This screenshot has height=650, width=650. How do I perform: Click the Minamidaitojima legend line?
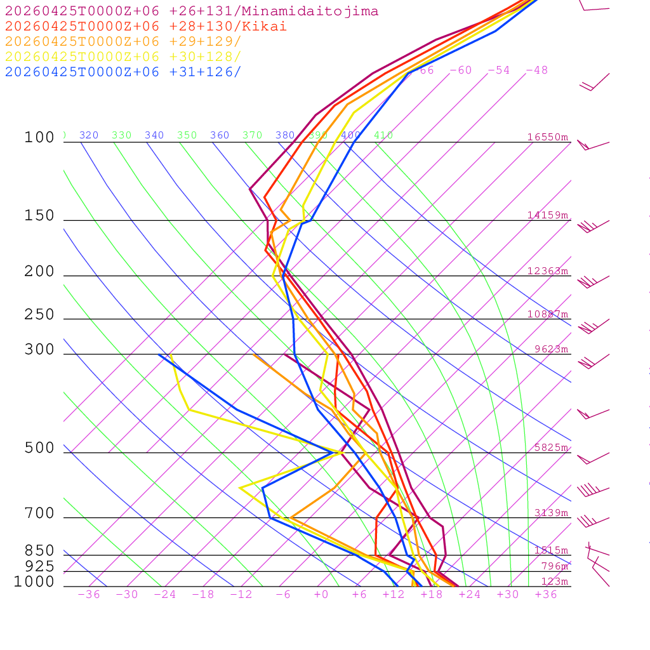point(192,11)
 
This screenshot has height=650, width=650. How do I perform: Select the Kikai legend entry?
point(145,27)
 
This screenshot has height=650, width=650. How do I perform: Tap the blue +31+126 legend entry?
point(123,72)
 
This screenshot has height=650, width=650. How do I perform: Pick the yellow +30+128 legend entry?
point(123,56)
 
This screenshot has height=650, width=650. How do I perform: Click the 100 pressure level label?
point(39,137)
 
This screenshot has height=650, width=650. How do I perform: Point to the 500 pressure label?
point(39,448)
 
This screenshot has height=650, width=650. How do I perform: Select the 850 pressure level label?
point(39,551)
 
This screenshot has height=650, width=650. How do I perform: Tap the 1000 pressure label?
point(34,581)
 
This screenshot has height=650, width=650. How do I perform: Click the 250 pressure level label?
point(39,315)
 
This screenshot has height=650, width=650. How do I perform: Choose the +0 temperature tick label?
point(321,595)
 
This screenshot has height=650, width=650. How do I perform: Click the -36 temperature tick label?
point(89,595)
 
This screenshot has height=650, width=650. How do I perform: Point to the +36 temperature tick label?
point(546,595)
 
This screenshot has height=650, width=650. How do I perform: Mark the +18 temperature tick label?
point(432,595)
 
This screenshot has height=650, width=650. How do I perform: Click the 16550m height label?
point(548,137)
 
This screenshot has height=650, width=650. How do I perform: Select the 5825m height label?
point(551,448)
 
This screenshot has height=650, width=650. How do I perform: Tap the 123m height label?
point(554,581)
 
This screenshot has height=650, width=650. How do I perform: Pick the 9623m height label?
point(551,349)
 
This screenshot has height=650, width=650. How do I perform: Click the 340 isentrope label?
point(154,135)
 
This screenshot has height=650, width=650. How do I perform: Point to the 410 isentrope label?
point(383,135)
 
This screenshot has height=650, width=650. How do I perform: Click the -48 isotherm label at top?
point(536,70)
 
